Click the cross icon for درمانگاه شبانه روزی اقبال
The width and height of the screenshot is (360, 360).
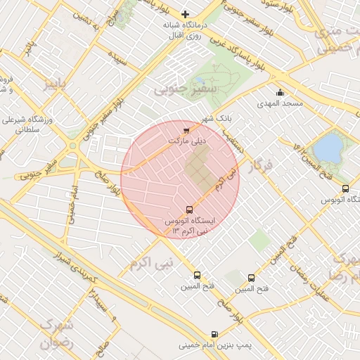point(186,14)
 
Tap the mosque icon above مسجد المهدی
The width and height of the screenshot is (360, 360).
point(281,93)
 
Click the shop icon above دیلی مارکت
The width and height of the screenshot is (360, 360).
point(186,131)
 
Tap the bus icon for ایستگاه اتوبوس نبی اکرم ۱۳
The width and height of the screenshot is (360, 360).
point(188,210)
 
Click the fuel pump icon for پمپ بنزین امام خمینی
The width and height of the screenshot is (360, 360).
point(214,335)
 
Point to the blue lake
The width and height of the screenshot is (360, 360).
point(327,148)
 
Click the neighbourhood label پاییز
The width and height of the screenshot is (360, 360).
point(56,84)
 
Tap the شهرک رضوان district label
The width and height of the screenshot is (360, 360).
point(56,335)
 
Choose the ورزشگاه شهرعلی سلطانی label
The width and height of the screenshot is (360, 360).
point(29,125)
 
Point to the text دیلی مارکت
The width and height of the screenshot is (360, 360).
point(186,141)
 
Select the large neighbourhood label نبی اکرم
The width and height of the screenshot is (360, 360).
point(150,263)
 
